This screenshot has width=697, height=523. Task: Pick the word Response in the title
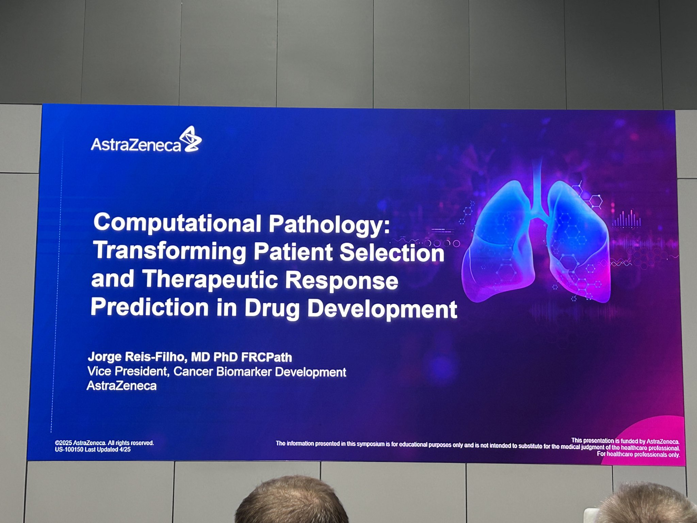(x=341, y=281)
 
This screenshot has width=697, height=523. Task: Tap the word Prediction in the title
(x=149, y=307)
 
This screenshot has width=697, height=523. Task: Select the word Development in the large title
(x=382, y=310)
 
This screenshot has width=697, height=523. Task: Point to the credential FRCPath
(x=266, y=357)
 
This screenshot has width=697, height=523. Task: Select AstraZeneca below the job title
(x=122, y=386)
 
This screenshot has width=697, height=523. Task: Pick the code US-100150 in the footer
(x=69, y=449)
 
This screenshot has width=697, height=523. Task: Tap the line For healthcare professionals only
(x=638, y=454)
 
